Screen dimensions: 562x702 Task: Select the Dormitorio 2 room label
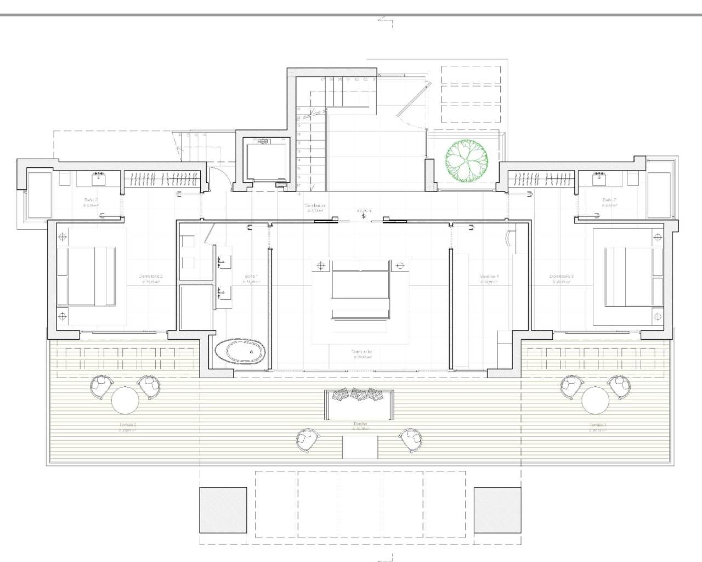[151, 277]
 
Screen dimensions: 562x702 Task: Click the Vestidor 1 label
[489, 277]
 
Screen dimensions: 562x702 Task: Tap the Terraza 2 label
[127, 425]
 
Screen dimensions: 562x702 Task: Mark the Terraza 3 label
[598, 425]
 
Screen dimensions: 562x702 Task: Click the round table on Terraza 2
[125, 400]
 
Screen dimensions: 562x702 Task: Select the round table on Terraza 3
[596, 400]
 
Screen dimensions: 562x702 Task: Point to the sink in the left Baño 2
[99, 178]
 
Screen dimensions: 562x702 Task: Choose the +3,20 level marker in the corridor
[364, 211]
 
